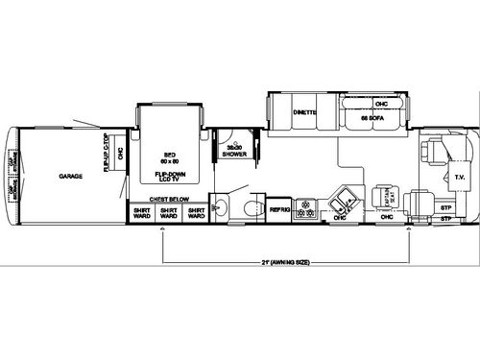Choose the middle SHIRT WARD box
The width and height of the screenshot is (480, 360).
(x=169, y=214)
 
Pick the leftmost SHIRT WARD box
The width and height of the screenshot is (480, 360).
(x=141, y=214)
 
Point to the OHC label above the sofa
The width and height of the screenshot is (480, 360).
(x=381, y=104)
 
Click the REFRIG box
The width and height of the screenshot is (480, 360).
(x=279, y=210)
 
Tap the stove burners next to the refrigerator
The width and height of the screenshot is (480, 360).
(x=306, y=209)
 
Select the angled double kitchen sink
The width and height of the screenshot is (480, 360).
(x=339, y=204)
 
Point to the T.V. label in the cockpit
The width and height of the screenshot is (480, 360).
(x=458, y=177)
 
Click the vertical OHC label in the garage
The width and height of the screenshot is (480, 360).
(x=120, y=154)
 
